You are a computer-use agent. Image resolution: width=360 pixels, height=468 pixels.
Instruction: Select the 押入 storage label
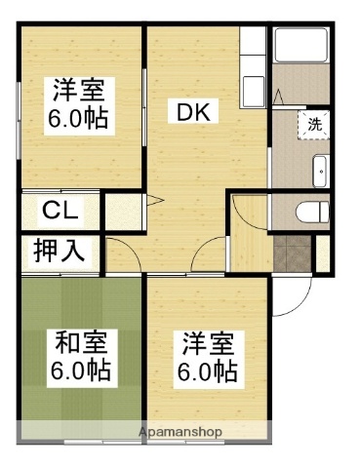(x=60, y=251)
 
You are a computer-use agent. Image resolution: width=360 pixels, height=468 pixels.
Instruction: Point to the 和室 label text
(x=80, y=343)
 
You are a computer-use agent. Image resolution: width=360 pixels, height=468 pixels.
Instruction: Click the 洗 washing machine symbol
(x=314, y=124)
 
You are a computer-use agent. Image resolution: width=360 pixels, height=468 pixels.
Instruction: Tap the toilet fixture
(x=305, y=210)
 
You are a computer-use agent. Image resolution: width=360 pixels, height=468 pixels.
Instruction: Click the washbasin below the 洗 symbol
(x=320, y=171)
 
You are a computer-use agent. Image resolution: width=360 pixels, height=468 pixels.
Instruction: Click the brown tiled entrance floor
(x=291, y=253)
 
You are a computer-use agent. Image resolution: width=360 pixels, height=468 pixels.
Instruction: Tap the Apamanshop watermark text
(x=180, y=430)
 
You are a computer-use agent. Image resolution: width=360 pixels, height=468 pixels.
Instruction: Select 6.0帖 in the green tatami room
(x=80, y=370)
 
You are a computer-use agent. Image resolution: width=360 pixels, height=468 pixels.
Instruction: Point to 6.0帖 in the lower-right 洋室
(x=206, y=371)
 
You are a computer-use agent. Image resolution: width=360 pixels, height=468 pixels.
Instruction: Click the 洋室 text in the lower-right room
(x=206, y=343)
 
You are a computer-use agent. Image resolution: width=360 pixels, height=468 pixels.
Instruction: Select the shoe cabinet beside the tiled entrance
(x=323, y=253)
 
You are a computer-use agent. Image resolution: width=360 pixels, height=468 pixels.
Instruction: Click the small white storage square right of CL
(x=120, y=211)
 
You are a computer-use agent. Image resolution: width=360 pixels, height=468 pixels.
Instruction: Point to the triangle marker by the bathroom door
(x=280, y=97)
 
